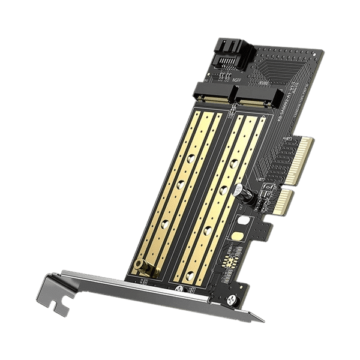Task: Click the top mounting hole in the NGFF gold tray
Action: (190, 159)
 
